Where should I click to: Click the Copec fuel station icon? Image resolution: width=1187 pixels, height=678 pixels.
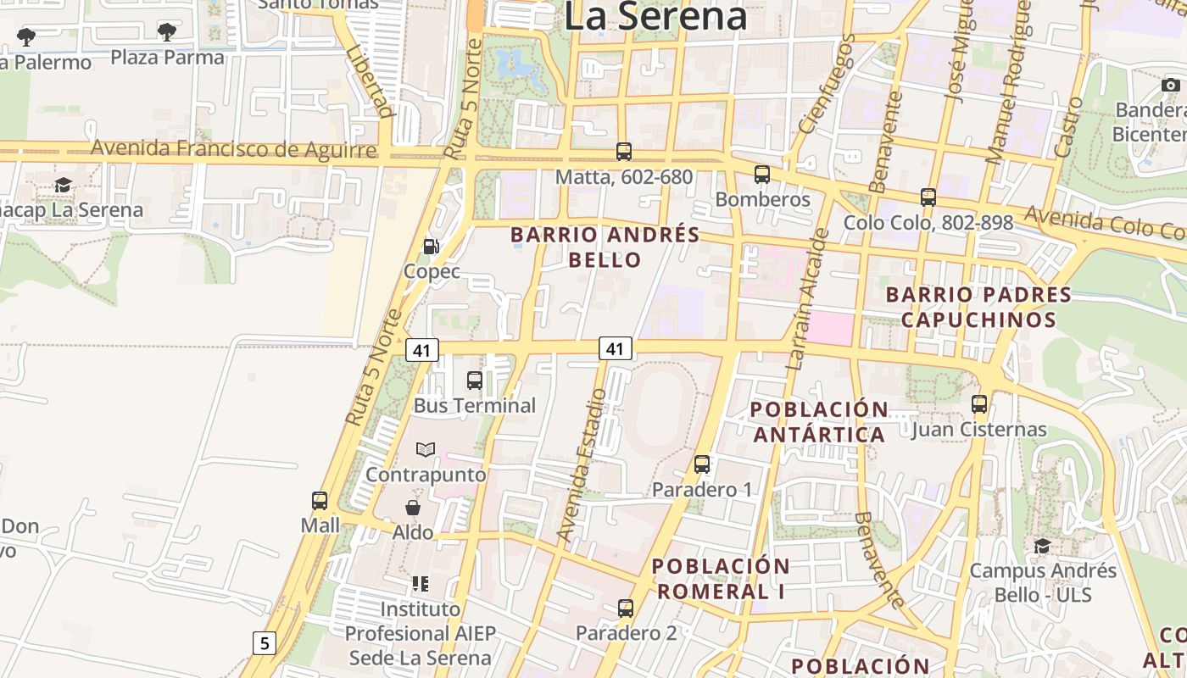pos(431,247)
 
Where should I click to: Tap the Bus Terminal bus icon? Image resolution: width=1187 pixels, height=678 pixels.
pos(475,381)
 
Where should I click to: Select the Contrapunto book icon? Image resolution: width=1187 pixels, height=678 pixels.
pos(426,449)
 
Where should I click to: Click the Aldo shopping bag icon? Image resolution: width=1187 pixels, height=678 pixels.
pos(413,508)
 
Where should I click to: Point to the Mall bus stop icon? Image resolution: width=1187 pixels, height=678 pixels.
pos(320,500)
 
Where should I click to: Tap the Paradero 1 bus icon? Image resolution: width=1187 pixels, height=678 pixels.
pos(702,464)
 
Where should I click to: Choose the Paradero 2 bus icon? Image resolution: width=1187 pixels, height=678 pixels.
pos(626,608)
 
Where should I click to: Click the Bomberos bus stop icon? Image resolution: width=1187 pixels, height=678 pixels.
pos(762,175)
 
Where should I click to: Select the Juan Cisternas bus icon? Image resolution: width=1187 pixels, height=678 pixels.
pos(979,404)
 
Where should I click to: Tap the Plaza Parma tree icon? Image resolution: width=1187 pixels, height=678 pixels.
pos(167,32)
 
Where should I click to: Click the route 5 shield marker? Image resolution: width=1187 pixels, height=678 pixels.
pos(265,643)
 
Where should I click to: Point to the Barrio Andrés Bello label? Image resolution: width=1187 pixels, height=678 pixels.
pos(605,247)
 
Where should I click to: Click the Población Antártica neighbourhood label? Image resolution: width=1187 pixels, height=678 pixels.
pos(819,422)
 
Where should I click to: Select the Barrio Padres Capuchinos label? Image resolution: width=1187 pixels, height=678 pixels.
pos(978,307)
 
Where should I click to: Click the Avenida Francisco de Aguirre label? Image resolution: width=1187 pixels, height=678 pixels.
pos(233,149)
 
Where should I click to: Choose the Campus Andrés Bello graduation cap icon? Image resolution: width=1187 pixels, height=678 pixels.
pos(1042,546)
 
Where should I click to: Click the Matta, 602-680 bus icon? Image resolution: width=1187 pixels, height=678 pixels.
pos(624,152)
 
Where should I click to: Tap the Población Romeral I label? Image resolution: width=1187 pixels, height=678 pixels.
pos(721,579)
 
